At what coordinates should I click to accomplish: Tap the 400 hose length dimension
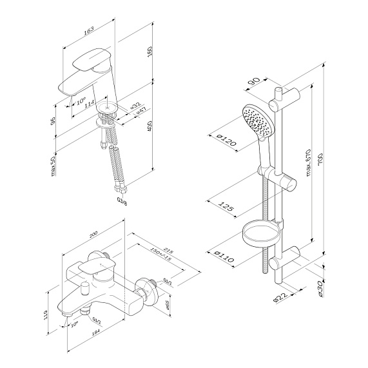150,126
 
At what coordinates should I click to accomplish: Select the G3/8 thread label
121,200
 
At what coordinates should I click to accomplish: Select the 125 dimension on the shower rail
224,207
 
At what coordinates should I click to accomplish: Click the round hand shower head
253,119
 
